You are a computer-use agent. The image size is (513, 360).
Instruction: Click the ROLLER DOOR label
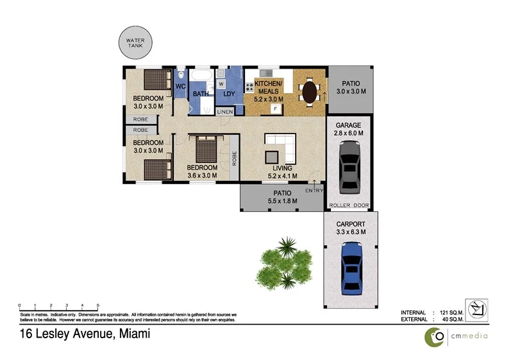tap(349, 206)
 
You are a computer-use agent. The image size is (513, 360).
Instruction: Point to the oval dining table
tap(310, 91)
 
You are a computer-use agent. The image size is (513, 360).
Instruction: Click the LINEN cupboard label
tap(224, 112)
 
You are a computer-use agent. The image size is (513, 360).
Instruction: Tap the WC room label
tap(180, 85)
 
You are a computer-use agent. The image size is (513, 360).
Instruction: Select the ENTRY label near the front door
tap(314, 191)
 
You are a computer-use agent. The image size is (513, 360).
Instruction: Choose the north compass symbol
tap(476, 310)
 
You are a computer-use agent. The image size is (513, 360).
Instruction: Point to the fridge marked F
tap(274, 109)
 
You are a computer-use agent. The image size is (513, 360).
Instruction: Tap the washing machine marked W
tap(221, 83)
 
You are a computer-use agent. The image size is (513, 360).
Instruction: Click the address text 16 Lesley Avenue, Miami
tap(80, 334)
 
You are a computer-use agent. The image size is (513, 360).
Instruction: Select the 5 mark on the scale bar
tap(97, 305)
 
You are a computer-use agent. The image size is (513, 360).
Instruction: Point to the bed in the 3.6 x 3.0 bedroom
tap(206, 150)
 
